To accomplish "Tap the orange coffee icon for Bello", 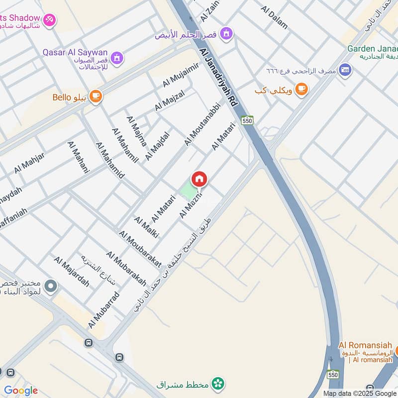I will tap(96, 96).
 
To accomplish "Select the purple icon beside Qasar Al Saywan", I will tap(116, 58).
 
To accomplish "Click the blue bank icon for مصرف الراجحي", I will tap(345, 70).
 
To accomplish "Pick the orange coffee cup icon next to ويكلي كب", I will tap(300, 89).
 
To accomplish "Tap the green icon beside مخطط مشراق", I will tap(217, 384).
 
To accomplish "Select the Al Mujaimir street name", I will tap(181, 74).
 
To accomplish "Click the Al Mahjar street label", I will tap(29, 163).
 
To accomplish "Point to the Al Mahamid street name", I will tap(110, 160).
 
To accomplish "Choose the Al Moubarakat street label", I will tap(140, 249).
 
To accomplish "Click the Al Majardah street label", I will tap(72, 272).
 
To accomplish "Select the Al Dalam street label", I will tap(274, 16).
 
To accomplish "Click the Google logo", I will tap(21, 390).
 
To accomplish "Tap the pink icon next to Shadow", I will tap(50, 20).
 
